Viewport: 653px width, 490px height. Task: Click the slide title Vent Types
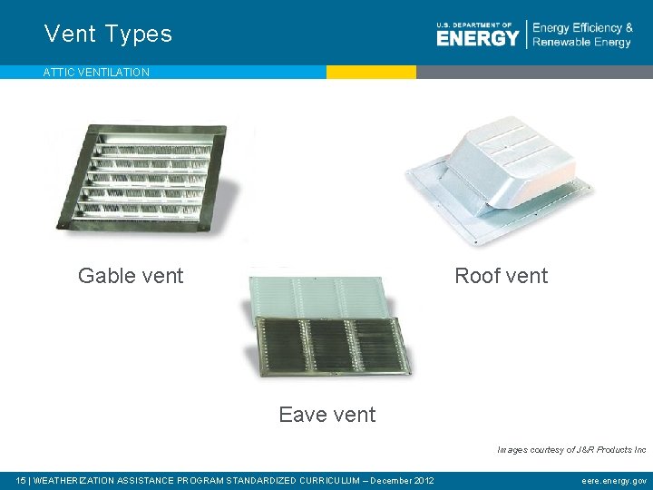[108, 34]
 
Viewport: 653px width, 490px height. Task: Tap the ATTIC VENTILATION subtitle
[96, 73]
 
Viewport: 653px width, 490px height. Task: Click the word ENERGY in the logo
[477, 37]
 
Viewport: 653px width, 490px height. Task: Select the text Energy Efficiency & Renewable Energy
[582, 34]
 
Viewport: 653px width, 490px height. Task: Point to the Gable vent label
[131, 276]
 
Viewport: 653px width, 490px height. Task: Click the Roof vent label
[501, 276]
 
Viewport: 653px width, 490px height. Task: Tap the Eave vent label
[326, 415]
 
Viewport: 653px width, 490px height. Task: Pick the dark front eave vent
[331, 347]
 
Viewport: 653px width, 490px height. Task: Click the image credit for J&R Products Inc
[571, 449]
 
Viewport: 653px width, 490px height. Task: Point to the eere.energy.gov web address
[614, 481]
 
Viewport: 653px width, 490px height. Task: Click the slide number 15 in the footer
[22, 481]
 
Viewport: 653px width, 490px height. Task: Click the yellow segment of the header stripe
[371, 72]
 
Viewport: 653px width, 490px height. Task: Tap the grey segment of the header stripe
[534, 72]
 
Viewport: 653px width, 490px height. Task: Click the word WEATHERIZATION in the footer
[77, 481]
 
